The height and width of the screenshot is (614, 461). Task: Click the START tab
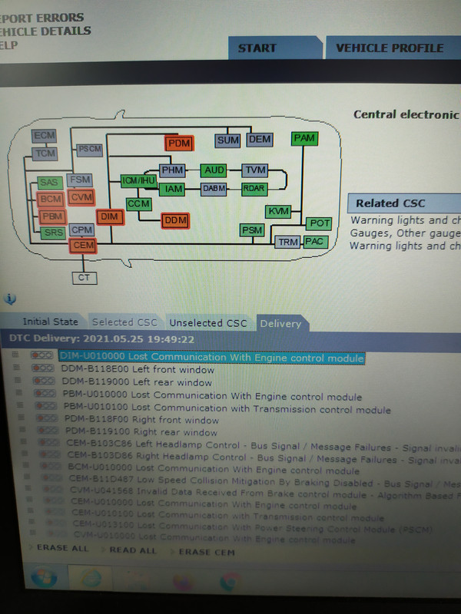[x=257, y=48]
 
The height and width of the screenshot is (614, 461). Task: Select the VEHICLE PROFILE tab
[x=390, y=48]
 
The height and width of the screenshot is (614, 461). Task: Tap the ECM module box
[x=45, y=136]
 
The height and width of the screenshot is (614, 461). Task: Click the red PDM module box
[x=178, y=143]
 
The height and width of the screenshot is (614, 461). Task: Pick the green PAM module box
[x=304, y=138]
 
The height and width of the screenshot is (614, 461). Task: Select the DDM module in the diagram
[x=175, y=221]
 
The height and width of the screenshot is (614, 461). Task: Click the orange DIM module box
[x=110, y=217]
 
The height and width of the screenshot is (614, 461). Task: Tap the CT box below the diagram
[x=84, y=277]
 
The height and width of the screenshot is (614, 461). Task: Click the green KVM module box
[x=278, y=211]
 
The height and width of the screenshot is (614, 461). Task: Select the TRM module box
[x=288, y=242]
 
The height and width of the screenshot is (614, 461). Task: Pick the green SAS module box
[x=49, y=183]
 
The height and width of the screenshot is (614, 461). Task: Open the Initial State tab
[x=50, y=322]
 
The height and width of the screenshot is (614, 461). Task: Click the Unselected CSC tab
[x=208, y=323]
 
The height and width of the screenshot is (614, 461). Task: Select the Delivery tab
[x=280, y=323]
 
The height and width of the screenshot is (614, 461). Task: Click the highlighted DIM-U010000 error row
[x=211, y=358]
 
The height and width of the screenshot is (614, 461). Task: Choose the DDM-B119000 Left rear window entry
[x=137, y=382]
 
